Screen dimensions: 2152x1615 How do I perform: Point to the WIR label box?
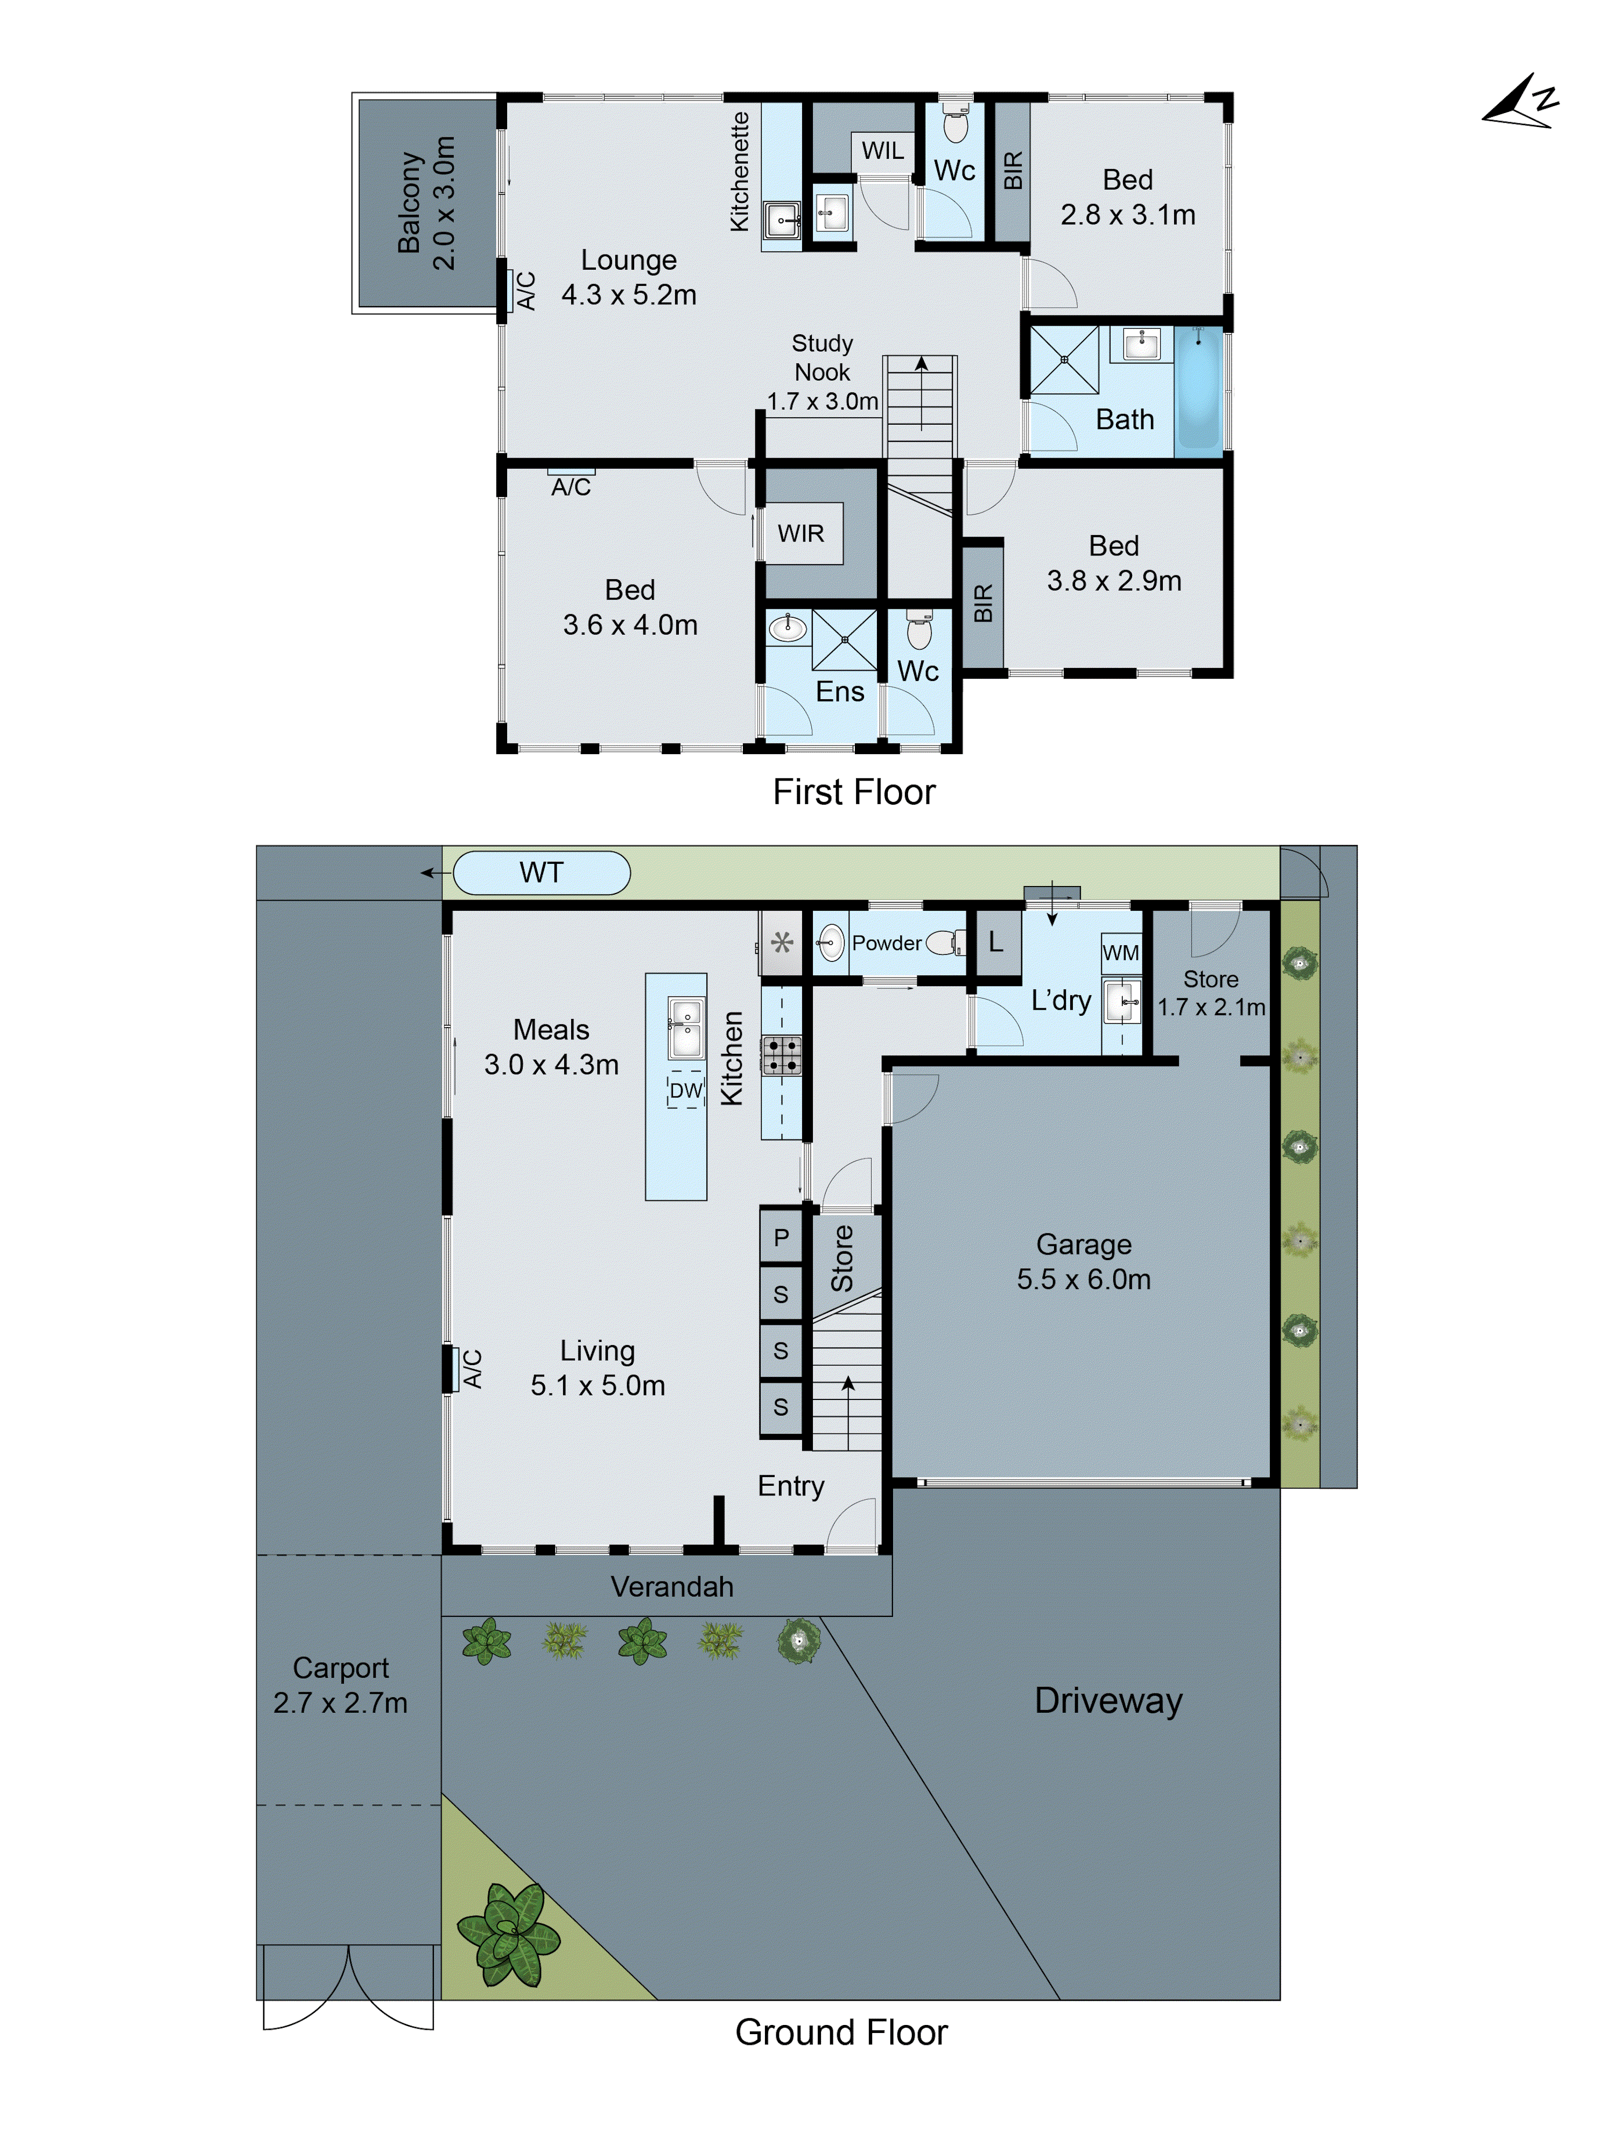(x=801, y=533)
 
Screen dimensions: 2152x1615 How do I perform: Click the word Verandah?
(x=671, y=1587)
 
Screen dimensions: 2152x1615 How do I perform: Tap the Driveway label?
(x=1107, y=1700)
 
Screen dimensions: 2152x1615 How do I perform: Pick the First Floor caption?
(x=853, y=792)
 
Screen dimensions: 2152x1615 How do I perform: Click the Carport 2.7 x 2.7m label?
(x=341, y=1685)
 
